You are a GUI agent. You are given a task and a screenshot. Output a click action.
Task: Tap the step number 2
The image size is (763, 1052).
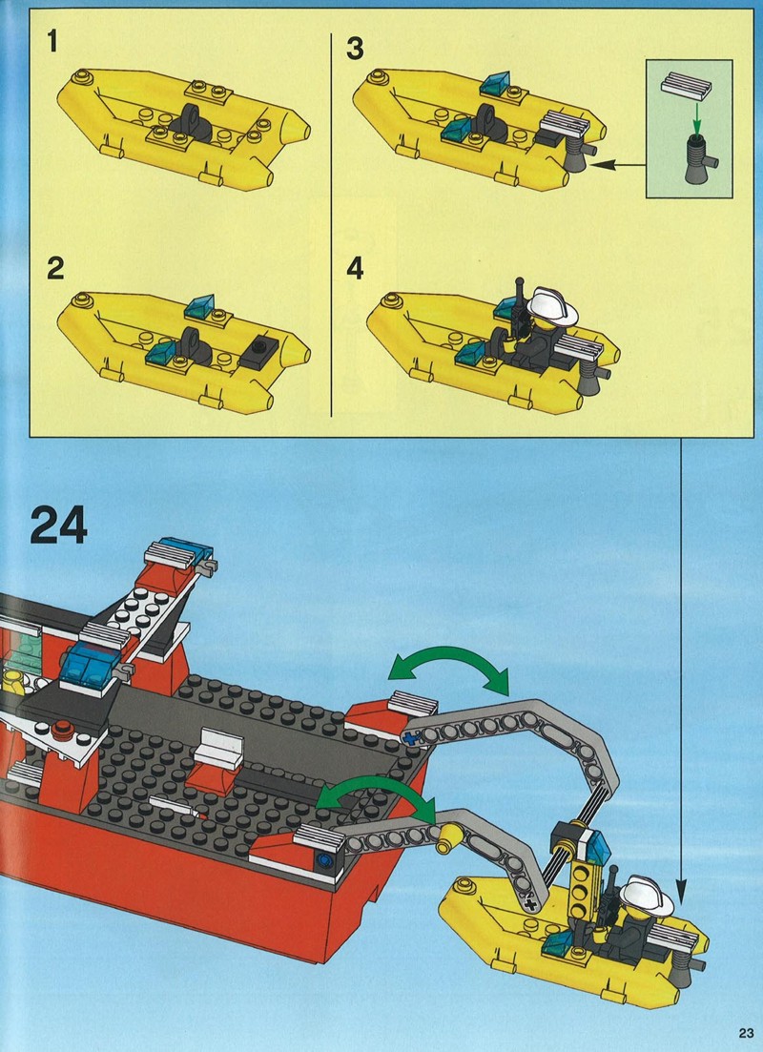pyautogui.click(x=55, y=268)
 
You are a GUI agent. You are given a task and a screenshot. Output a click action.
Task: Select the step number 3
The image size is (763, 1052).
pyautogui.click(x=355, y=49)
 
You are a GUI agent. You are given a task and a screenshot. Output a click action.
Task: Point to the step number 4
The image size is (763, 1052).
pyautogui.click(x=355, y=269)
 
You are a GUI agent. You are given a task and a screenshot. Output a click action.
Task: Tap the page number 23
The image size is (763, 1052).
pyautogui.click(x=746, y=1031)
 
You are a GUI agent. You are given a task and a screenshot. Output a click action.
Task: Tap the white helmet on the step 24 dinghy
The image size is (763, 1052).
pyautogui.click(x=647, y=896)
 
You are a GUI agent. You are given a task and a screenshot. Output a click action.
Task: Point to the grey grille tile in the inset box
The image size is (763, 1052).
pyautogui.click(x=685, y=86)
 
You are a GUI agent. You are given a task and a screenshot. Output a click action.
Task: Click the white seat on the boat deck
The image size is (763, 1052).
pyautogui.click(x=219, y=750)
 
